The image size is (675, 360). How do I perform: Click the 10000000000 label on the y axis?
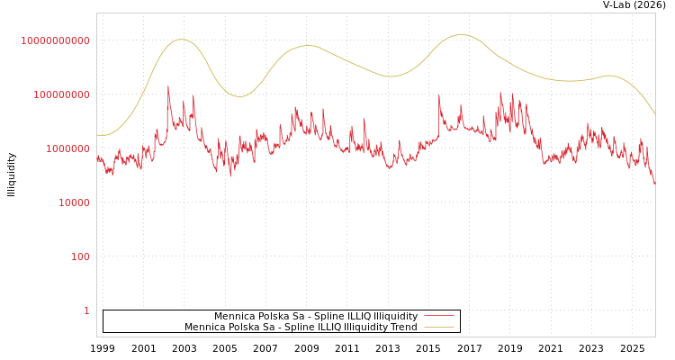56,40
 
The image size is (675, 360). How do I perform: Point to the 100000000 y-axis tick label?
56,94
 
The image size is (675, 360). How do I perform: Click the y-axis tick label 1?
86,310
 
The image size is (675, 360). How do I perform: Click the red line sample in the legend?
438,316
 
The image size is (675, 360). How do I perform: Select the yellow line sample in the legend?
438,327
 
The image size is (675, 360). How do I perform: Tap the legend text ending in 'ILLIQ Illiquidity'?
316,316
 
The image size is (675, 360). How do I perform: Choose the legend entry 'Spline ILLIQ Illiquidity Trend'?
301,327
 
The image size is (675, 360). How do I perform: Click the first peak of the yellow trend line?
181,40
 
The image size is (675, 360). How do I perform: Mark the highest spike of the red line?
167,87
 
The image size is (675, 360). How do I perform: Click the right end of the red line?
654,184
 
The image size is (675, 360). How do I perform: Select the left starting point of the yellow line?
97,135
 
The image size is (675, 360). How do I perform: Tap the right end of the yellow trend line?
654,113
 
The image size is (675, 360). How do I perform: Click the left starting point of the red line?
97,156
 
